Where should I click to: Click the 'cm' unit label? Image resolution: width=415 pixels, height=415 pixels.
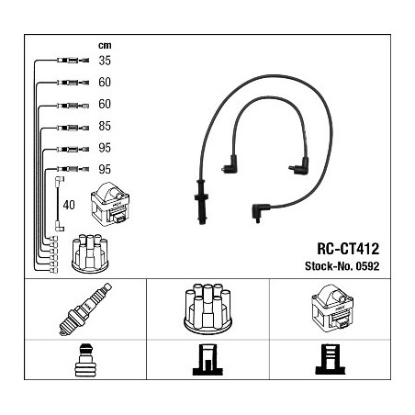(x=105, y=46)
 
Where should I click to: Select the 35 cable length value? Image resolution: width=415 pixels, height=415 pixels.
(x=105, y=61)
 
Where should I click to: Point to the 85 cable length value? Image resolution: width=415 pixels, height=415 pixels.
(x=105, y=126)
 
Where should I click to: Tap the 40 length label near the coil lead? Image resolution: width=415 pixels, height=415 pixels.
(x=69, y=205)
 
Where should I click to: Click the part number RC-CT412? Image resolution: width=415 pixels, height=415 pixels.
(x=348, y=249)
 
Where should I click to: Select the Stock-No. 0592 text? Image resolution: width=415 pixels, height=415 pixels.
(x=342, y=266)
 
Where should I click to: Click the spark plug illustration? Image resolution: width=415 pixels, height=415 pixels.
(x=85, y=309)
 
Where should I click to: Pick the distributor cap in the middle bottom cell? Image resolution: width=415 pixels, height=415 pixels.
(x=207, y=308)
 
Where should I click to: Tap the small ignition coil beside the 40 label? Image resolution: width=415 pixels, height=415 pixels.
(x=110, y=204)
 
